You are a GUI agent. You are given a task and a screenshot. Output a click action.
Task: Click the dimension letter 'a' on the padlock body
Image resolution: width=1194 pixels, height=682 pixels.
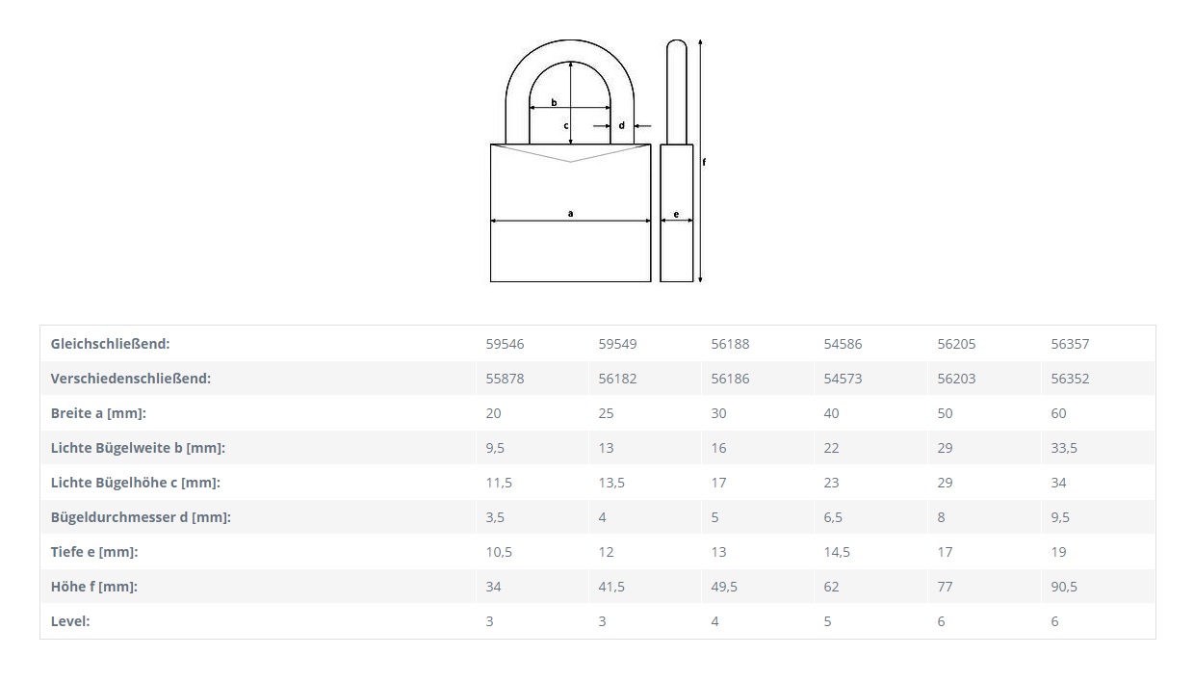(570, 214)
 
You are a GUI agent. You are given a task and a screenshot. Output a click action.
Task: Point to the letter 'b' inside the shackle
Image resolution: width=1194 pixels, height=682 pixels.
(554, 102)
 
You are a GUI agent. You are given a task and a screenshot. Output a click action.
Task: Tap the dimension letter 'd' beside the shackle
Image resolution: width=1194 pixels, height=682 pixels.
(621, 125)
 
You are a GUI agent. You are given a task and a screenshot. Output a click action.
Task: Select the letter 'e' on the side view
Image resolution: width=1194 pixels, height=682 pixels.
(676, 215)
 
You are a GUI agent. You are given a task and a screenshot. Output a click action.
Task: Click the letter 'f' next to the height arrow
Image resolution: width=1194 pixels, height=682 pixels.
(704, 162)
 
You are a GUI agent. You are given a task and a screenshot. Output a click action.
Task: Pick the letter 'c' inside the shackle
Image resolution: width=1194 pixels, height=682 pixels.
(566, 126)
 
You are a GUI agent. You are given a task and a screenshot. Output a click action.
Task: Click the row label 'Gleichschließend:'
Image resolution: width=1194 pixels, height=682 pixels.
(111, 344)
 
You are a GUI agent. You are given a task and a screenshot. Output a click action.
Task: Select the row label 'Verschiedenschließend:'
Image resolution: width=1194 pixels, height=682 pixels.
(131, 379)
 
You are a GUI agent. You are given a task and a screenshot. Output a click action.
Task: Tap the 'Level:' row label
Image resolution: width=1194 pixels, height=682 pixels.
(70, 621)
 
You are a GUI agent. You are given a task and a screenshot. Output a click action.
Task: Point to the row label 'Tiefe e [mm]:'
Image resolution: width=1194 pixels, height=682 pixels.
(94, 552)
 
